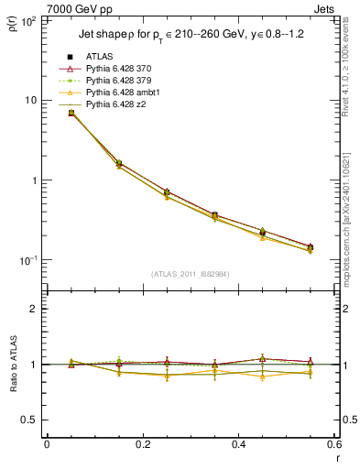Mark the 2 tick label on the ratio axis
tap(35, 309)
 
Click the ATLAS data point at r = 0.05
tap(71, 113)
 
